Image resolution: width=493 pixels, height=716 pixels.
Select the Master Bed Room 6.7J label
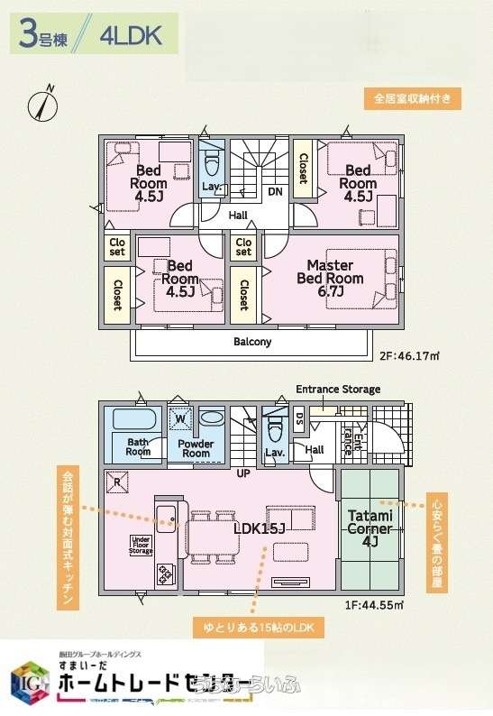pyautogui.click(x=330, y=272)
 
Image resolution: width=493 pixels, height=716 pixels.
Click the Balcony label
pyautogui.click(x=252, y=342)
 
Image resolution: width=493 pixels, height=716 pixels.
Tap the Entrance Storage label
pyautogui.click(x=338, y=390)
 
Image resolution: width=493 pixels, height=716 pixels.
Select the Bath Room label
pyautogui.click(x=138, y=447)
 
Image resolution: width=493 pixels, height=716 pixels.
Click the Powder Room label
pyautogui.click(x=196, y=448)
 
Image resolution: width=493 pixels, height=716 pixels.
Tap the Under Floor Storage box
pyautogui.click(x=142, y=545)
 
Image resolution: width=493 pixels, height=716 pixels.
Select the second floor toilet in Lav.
pyautogui.click(x=213, y=164)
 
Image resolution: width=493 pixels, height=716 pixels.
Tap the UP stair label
pyautogui.click(x=243, y=473)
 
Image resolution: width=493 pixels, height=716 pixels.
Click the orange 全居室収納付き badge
pyautogui.click(x=414, y=97)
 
